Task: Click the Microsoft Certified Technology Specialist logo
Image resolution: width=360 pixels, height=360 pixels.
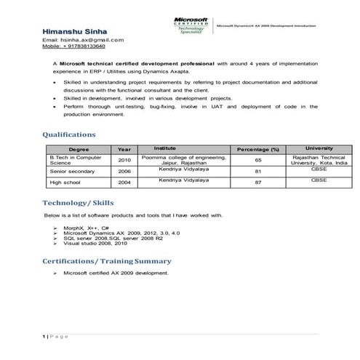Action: click(x=191, y=27)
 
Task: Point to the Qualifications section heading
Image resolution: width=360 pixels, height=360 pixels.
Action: click(x=69, y=135)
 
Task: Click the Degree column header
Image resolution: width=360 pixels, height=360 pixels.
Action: click(x=77, y=148)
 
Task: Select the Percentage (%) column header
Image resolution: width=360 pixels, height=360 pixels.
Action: click(x=258, y=148)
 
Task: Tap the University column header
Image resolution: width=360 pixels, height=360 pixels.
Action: click(x=319, y=148)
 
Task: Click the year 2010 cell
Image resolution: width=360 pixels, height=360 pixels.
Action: click(x=124, y=160)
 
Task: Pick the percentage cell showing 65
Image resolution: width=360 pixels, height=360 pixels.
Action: click(x=258, y=160)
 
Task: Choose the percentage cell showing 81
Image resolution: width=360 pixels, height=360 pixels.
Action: click(x=258, y=172)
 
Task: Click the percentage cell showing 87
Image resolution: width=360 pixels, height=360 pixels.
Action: click(x=258, y=183)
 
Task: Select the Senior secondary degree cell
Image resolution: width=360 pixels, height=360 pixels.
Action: click(x=71, y=172)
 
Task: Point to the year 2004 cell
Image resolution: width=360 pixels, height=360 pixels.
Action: click(x=124, y=183)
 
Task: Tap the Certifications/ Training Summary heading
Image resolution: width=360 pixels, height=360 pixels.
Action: click(x=107, y=260)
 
